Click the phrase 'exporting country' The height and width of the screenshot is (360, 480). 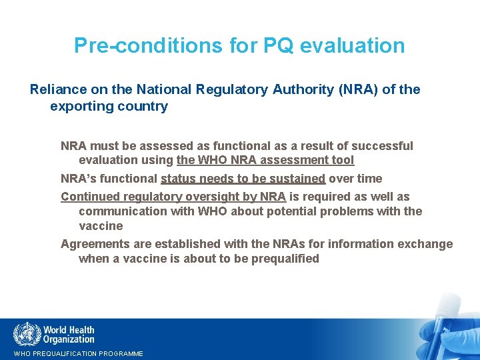[109, 107]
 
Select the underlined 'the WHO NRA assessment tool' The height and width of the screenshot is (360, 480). [265, 160]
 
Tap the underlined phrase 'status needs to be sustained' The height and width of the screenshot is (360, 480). [243, 179]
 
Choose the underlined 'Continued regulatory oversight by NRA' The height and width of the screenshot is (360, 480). [173, 197]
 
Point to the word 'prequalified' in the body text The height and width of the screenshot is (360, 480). [285, 259]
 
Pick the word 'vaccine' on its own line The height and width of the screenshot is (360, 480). [101, 226]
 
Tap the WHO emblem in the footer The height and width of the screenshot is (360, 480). [27, 333]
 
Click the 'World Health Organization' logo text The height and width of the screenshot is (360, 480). [69, 334]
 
